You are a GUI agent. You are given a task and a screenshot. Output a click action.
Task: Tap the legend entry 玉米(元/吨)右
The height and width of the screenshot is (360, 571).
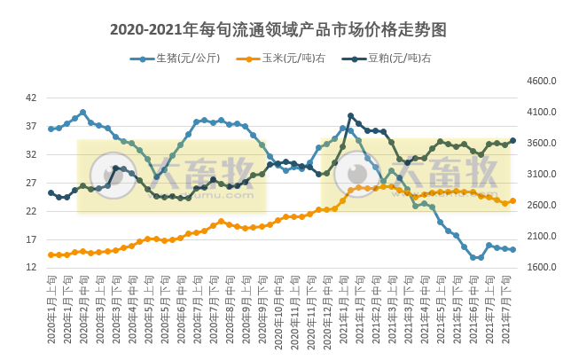click(x=287, y=59)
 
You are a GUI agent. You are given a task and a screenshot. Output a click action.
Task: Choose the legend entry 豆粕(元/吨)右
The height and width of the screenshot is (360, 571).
click(x=393, y=59)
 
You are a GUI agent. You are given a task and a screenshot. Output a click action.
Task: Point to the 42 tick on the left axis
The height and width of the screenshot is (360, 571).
click(x=31, y=98)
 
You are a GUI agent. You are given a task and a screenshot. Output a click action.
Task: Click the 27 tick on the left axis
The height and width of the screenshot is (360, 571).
click(x=31, y=183)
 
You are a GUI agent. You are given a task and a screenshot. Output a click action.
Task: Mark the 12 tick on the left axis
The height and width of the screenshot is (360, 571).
click(x=31, y=268)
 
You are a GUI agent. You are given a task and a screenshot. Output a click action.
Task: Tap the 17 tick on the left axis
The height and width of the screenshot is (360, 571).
click(x=31, y=239)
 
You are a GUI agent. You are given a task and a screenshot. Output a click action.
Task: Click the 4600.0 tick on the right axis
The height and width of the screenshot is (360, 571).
click(x=539, y=81)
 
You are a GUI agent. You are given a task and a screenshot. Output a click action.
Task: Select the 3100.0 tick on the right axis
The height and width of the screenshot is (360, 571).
click(x=539, y=174)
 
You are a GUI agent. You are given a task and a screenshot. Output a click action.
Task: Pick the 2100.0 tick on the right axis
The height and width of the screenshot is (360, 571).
click(x=539, y=236)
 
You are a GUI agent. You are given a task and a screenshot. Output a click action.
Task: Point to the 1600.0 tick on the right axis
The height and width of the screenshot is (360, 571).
click(x=539, y=267)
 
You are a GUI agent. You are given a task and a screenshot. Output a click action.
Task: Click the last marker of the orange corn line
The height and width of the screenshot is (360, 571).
click(x=512, y=200)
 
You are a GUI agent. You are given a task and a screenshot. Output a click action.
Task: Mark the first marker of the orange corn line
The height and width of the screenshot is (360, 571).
click(x=51, y=254)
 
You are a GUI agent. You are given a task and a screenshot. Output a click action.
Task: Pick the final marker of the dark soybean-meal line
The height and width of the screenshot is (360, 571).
click(x=512, y=140)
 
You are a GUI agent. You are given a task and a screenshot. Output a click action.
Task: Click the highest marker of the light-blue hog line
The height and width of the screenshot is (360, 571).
click(x=82, y=113)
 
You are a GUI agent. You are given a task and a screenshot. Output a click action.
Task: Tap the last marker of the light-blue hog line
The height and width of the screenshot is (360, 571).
click(x=512, y=249)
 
